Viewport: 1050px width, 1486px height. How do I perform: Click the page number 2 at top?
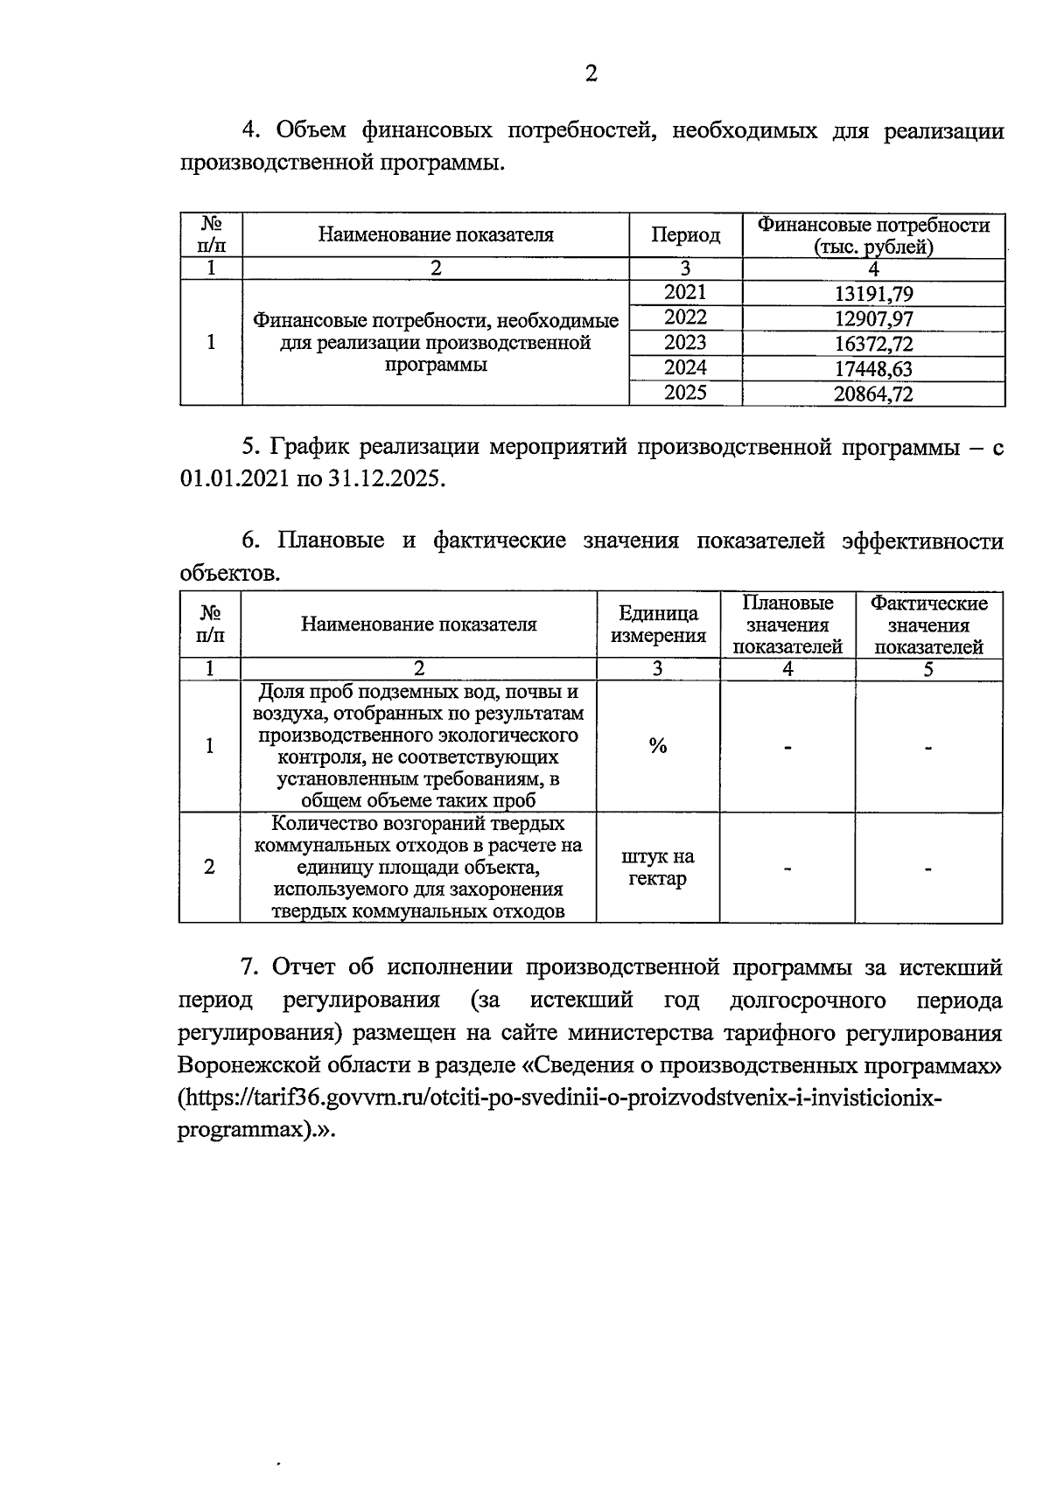coord(591,75)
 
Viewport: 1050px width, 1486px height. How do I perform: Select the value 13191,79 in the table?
coord(873,295)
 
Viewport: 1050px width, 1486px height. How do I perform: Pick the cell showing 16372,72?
coord(873,345)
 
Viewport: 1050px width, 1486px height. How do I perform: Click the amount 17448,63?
coord(873,369)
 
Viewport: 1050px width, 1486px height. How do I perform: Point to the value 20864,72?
coord(873,394)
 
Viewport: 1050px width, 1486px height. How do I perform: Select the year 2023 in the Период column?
coord(685,343)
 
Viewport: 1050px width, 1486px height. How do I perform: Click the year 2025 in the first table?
coord(685,393)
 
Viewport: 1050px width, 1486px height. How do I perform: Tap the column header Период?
coord(685,235)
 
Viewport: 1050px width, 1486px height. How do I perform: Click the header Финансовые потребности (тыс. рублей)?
coord(873,236)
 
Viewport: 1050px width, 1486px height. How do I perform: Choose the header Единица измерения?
coord(658,624)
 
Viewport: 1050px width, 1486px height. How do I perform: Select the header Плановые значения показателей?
coord(787,624)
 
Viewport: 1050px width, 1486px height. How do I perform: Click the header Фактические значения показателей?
coord(928,624)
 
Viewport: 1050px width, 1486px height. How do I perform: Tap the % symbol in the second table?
coord(658,746)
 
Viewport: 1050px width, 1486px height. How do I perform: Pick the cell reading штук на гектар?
coord(658,868)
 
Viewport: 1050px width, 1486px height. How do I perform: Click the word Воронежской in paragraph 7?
coord(247,1066)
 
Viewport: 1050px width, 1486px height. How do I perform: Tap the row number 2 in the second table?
coord(209,868)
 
